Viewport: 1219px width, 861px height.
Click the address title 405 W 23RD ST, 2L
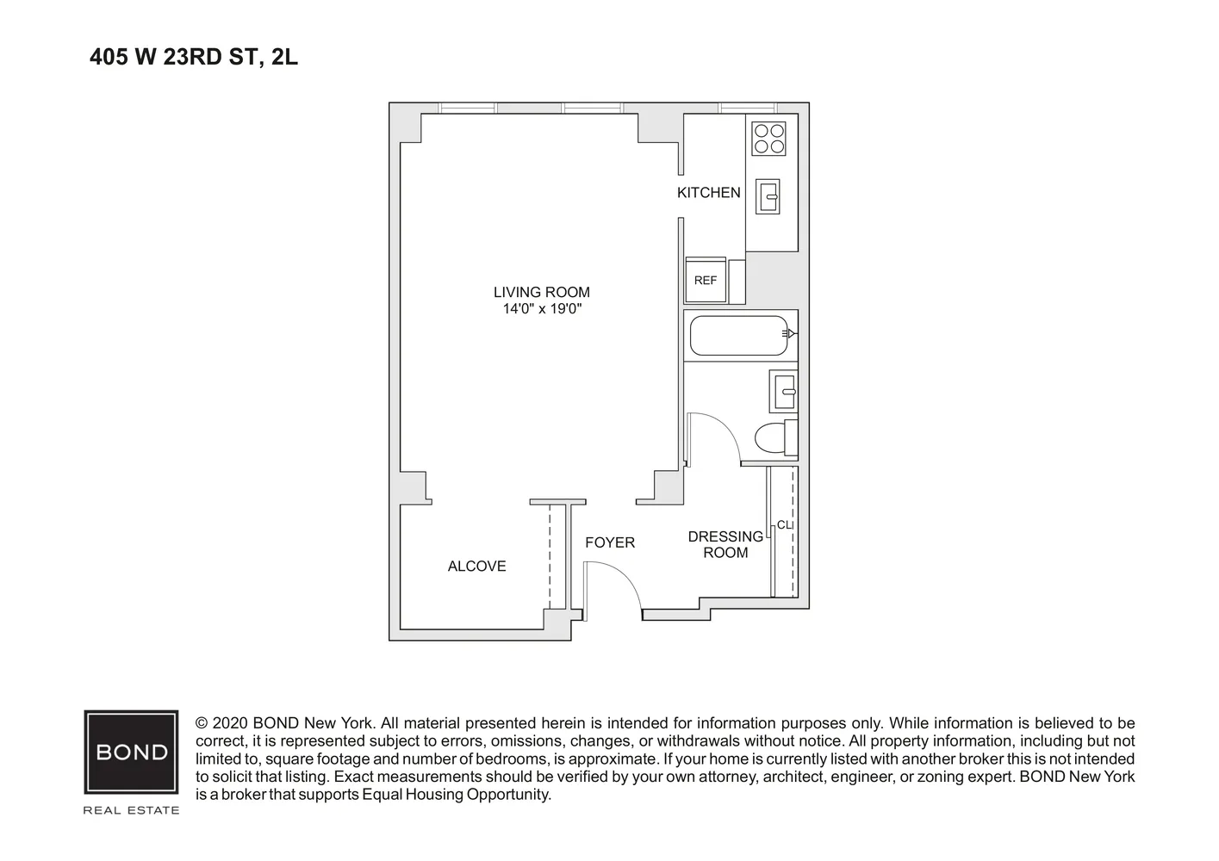tap(194, 58)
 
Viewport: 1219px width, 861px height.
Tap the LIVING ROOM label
tap(541, 293)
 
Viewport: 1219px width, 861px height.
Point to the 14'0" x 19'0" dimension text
tap(543, 309)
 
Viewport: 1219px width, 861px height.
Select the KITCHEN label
tap(708, 193)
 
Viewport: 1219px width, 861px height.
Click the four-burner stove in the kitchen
tap(768, 139)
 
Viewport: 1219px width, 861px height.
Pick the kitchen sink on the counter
tap(768, 196)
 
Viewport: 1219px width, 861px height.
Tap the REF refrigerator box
tap(706, 281)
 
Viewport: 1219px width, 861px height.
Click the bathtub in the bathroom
tap(739, 335)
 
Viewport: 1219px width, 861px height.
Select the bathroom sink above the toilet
tap(784, 391)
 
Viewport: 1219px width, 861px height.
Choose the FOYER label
tap(610, 542)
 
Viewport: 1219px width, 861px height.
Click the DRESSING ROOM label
tap(725, 544)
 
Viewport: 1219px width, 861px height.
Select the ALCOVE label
tap(476, 567)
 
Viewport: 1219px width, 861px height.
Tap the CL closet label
tap(784, 525)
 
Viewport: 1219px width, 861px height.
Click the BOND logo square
tap(131, 752)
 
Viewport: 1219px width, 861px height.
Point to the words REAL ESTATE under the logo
tap(131, 810)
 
